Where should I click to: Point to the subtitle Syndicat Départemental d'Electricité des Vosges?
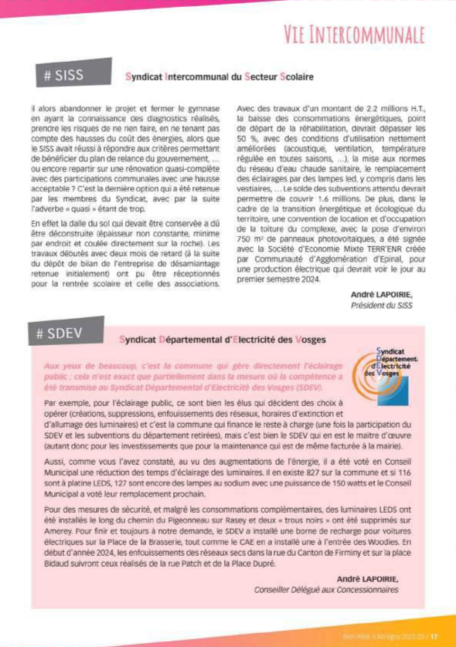(x=223, y=340)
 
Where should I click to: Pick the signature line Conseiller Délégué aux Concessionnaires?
(x=327, y=590)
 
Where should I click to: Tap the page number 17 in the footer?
(x=434, y=636)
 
